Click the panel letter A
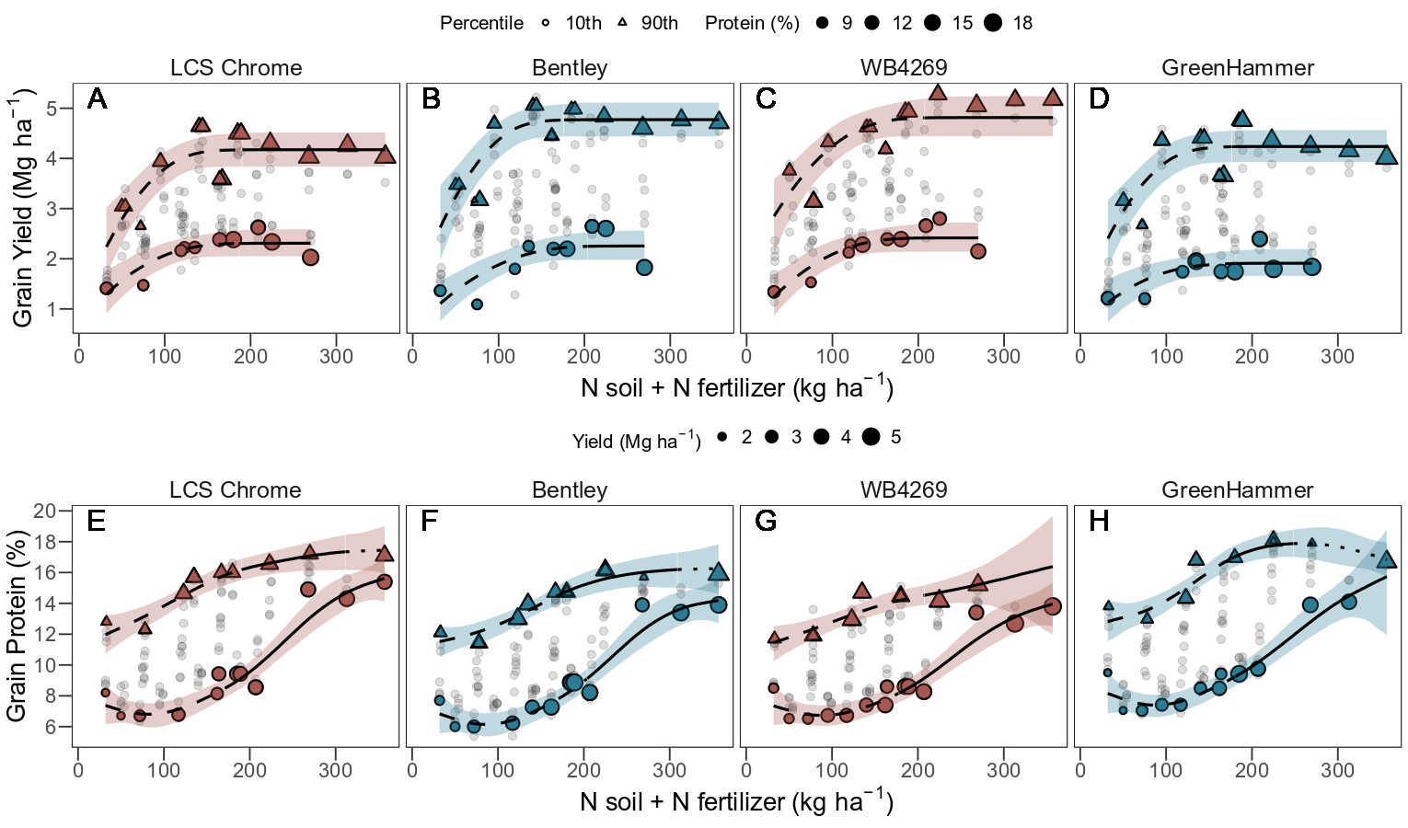tap(97, 99)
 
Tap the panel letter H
tap(1099, 522)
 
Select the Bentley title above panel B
tap(570, 68)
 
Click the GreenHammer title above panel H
tap(1238, 490)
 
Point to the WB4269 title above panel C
tap(904, 68)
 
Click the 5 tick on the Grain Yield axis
tap(63, 109)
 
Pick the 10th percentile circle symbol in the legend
tap(546, 23)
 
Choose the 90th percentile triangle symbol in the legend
tap(623, 22)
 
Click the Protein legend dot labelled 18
tap(992, 23)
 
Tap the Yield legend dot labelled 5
tap(871, 437)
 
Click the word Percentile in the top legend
tap(481, 23)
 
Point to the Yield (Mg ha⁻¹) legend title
tap(636, 441)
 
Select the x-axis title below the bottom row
tap(736, 802)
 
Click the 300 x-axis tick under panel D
tap(1337, 356)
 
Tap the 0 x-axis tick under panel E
tap(78, 770)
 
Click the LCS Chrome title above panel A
tap(236, 68)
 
